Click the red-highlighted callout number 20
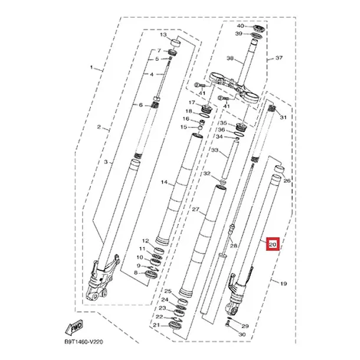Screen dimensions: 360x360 (273, 244)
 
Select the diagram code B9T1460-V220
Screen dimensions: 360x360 (84, 342)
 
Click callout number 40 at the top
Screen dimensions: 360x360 (241, 26)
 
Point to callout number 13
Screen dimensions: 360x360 (163, 35)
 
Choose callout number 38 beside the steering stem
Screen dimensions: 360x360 (230, 58)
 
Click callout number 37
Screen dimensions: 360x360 (279, 58)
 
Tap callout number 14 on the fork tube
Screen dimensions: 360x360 (164, 182)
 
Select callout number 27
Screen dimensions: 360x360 (195, 210)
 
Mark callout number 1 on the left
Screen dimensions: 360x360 (91, 67)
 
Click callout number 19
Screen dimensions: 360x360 (283, 284)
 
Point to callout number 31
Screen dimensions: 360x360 (283, 117)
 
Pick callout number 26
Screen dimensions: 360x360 (287, 181)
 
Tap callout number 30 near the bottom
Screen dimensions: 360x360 (242, 335)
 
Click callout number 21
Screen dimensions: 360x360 (156, 325)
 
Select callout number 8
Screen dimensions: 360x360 (136, 273)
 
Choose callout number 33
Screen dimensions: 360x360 (215, 150)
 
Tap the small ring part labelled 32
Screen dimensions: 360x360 (222, 182)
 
